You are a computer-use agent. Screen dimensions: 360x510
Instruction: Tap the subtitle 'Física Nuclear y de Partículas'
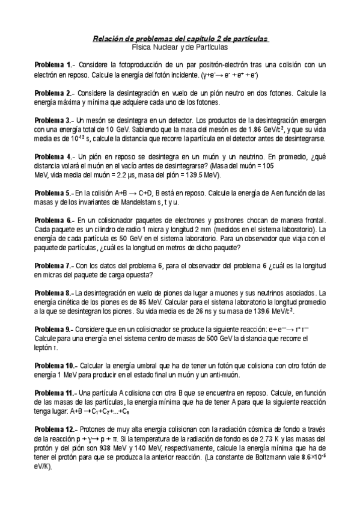tap(180, 46)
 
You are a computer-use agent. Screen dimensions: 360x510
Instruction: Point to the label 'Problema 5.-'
tap(53, 194)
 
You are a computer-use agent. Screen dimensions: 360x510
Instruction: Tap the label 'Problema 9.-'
tap(53, 330)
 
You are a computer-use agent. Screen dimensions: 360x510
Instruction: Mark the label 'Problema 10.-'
tap(55, 366)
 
